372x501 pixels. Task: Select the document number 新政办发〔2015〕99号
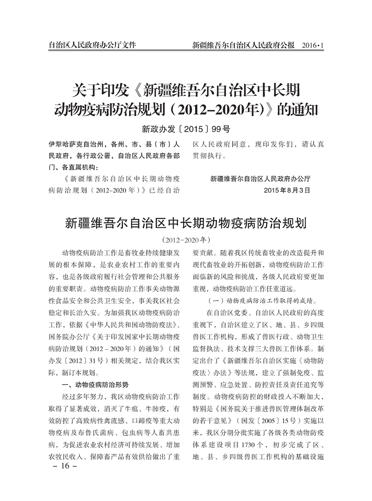(x=186, y=129)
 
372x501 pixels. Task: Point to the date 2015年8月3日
(x=287, y=189)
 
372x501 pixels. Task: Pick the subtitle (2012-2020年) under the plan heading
(x=186, y=239)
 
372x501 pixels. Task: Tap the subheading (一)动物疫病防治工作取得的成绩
(x=258, y=301)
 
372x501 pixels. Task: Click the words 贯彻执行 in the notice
(x=210, y=156)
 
